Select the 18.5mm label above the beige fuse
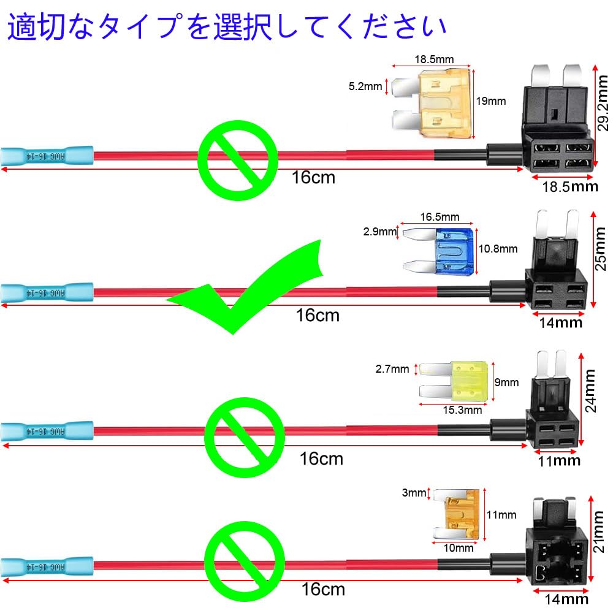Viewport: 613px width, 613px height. tap(433, 59)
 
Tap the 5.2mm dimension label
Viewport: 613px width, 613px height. tap(365, 87)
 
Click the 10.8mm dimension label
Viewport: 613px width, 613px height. tap(497, 249)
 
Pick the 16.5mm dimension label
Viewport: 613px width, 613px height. tap(440, 216)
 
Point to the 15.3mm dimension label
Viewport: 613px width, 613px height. tap(463, 410)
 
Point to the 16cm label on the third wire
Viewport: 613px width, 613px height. tap(321, 458)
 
